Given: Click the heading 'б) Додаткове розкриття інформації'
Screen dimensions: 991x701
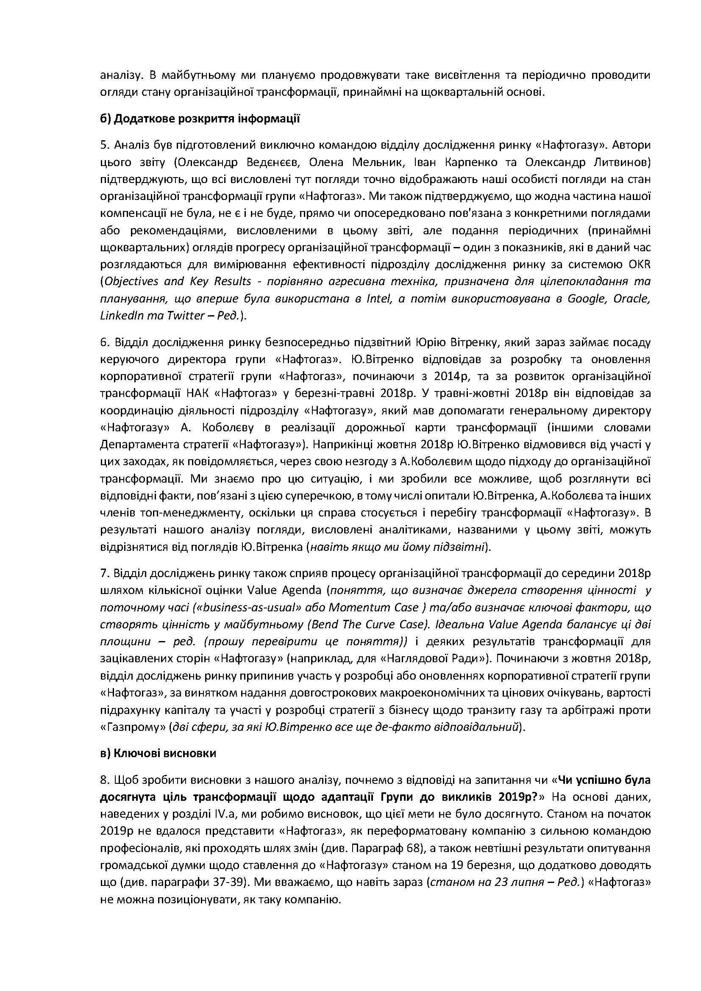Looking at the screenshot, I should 200,119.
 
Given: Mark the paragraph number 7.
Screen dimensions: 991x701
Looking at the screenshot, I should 103,573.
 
